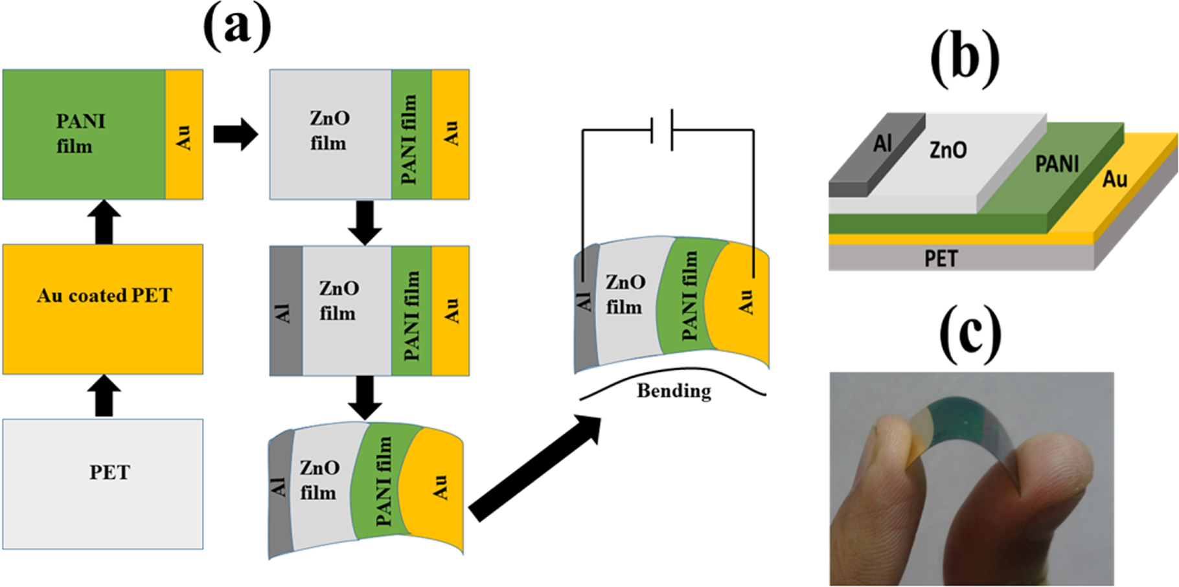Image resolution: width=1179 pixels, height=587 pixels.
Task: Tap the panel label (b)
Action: coord(965,58)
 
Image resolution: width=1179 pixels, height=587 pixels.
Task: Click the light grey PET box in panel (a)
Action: coord(103,484)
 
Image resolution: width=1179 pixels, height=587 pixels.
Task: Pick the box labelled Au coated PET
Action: coord(103,309)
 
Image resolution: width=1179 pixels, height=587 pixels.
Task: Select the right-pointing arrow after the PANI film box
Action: coord(236,135)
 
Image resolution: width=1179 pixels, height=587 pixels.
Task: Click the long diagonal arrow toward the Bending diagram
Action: coord(535,469)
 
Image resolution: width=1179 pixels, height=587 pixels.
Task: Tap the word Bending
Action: coord(674,391)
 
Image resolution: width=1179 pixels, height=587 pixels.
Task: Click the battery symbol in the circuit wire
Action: coord(662,130)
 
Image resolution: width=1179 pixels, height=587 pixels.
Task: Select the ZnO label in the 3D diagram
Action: coord(948,150)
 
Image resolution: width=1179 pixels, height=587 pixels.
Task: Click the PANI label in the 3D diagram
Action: coord(1057,164)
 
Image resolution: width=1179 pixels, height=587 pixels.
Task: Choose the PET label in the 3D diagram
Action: coord(941,259)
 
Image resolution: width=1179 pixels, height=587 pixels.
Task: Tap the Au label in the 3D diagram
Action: coord(1115,179)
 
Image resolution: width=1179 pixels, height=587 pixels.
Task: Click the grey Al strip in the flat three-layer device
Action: coord(286,311)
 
